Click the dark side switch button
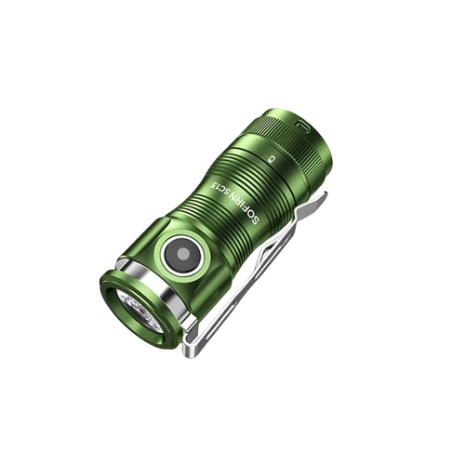point(181,252)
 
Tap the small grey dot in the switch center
point(182,252)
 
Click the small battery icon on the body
point(271,159)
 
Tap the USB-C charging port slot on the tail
point(305,123)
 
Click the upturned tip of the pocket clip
point(321,199)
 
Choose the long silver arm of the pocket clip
point(256,279)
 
